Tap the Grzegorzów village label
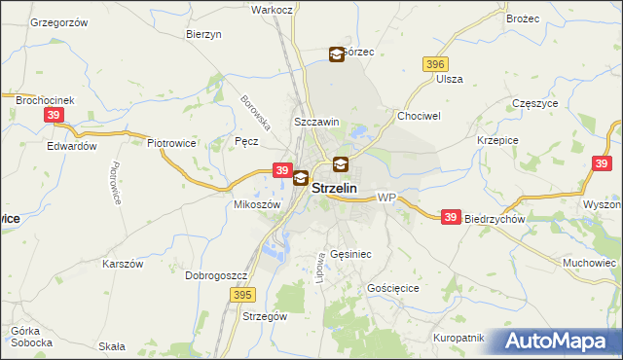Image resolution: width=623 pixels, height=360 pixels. tap(58, 21)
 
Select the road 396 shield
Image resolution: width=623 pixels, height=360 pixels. tap(435, 63)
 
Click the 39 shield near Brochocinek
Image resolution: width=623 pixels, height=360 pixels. tap(55, 115)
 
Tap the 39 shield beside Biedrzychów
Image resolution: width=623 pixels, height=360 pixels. tap(450, 218)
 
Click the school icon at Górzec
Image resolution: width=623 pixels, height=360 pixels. tap(337, 54)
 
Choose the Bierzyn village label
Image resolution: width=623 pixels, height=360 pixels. tap(204, 33)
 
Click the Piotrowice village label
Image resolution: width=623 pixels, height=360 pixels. tap(172, 143)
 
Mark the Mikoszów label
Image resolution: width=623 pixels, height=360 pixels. tap(258, 205)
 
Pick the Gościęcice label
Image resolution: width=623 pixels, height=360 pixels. tap(393, 289)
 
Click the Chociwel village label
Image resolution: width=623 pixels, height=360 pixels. tap(420, 115)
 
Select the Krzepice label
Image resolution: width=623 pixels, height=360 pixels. tap(496, 140)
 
